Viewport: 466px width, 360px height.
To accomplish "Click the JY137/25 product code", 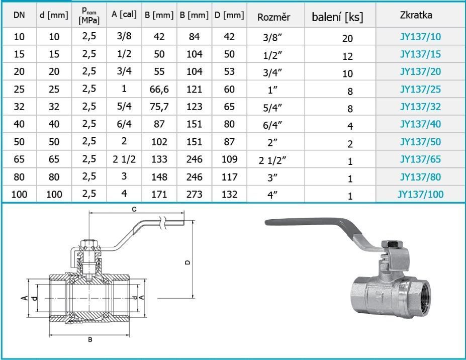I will pos(420,90).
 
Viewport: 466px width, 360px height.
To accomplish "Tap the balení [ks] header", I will pos(337,17).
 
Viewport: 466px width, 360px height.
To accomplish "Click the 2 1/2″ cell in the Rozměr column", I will pos(273,161).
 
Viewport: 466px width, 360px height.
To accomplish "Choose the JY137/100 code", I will pos(420,194).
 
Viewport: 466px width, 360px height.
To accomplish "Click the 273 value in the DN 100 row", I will pos(194,194).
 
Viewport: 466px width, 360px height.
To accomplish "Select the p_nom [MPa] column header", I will pos(89,16).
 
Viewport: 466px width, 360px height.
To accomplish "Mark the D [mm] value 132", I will pos(229,194).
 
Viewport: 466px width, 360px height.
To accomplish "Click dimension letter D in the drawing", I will pos(187,262).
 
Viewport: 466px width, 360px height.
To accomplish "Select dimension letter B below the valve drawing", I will pos(90,340).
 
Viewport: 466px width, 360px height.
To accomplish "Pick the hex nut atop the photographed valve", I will pos(392,244).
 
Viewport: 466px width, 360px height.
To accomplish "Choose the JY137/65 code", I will pos(420,160).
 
